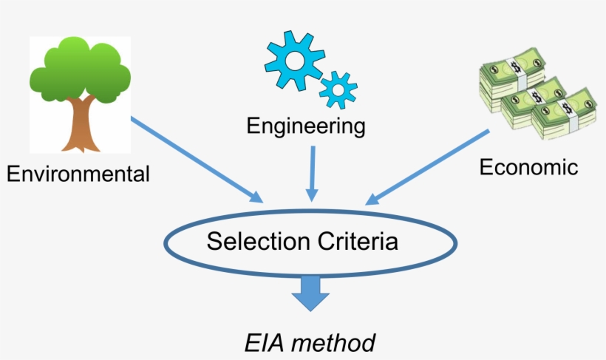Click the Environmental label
(x=78, y=174)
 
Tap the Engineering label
(x=306, y=126)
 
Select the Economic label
(x=528, y=167)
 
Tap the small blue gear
(x=338, y=89)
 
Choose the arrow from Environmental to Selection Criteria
(x=197, y=159)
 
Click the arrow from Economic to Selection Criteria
(x=428, y=167)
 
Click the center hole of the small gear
(x=338, y=89)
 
